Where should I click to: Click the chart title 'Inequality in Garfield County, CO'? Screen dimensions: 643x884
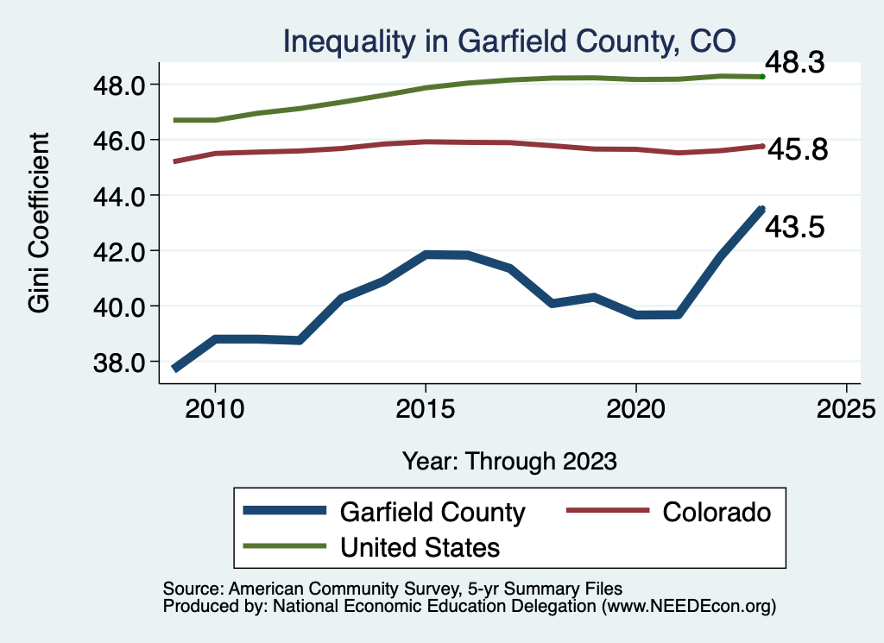pyautogui.click(x=509, y=40)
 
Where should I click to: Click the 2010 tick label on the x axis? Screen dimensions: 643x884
pyautogui.click(x=215, y=407)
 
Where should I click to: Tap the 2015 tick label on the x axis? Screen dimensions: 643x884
pyautogui.click(x=426, y=407)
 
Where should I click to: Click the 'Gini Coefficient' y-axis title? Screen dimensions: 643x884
pyautogui.click(x=40, y=223)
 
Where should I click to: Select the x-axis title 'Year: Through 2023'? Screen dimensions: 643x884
pyautogui.click(x=509, y=461)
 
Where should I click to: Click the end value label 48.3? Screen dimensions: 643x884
pyautogui.click(x=796, y=63)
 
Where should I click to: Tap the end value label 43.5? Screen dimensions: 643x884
pyautogui.click(x=796, y=227)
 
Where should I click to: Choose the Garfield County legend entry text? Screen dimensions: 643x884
pyautogui.click(x=433, y=512)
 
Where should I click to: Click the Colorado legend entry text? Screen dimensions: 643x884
pyautogui.click(x=717, y=512)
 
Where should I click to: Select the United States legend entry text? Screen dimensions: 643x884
pyautogui.click(x=420, y=546)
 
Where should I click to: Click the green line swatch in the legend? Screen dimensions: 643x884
pyautogui.click(x=286, y=546)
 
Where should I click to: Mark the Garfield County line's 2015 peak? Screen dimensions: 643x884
pyautogui.click(x=426, y=255)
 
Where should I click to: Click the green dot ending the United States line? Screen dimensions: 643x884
pyautogui.click(x=762, y=77)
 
